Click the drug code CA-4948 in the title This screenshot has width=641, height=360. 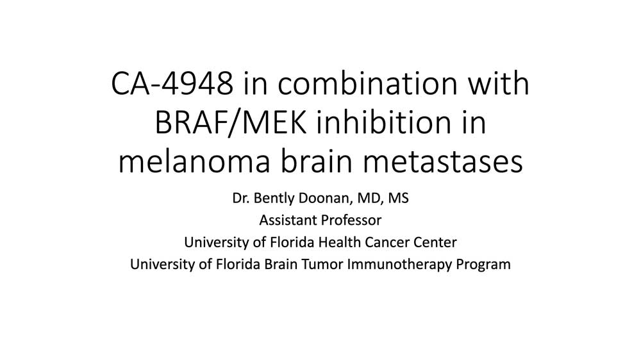(172, 83)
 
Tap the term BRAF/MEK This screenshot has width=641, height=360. (231, 122)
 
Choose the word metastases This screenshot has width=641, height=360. (443, 161)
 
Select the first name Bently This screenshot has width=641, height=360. (274, 198)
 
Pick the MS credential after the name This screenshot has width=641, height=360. (398, 198)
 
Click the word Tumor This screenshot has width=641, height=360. (322, 265)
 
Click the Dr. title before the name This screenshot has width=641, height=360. (241, 198)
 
